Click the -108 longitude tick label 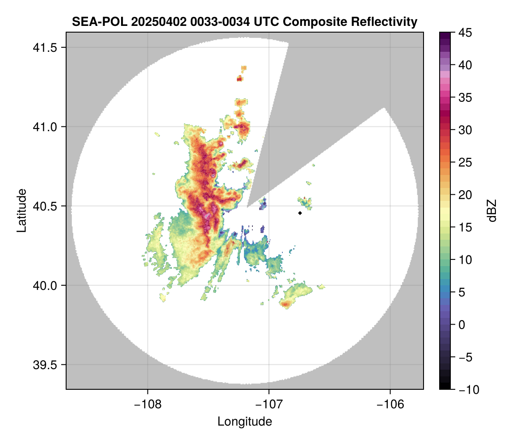tap(147, 404)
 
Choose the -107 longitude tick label tap(269, 404)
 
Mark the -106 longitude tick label tap(390, 404)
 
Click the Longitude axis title tap(244, 421)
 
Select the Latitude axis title tap(21, 210)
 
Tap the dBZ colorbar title tap(492, 210)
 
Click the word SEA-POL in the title tap(95, 21)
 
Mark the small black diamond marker tap(300, 213)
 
